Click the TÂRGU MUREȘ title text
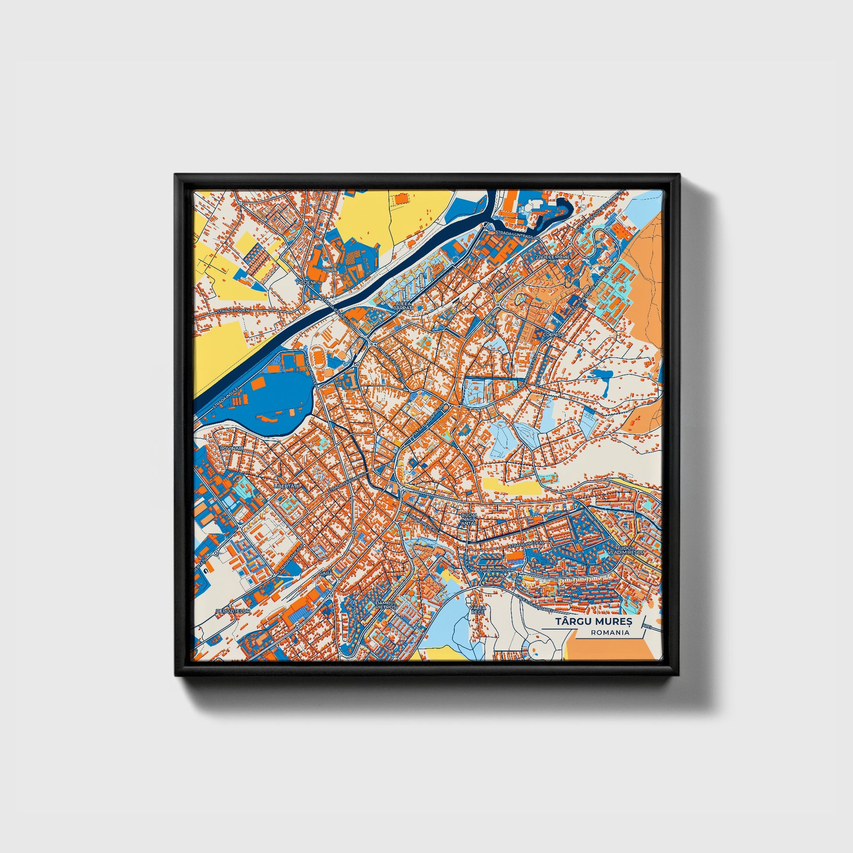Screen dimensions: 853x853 594,621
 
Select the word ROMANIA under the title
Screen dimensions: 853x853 611,633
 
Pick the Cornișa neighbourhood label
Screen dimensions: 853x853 554,334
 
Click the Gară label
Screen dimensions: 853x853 325,572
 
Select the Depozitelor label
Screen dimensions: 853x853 233,611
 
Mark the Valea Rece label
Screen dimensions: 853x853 478,610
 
